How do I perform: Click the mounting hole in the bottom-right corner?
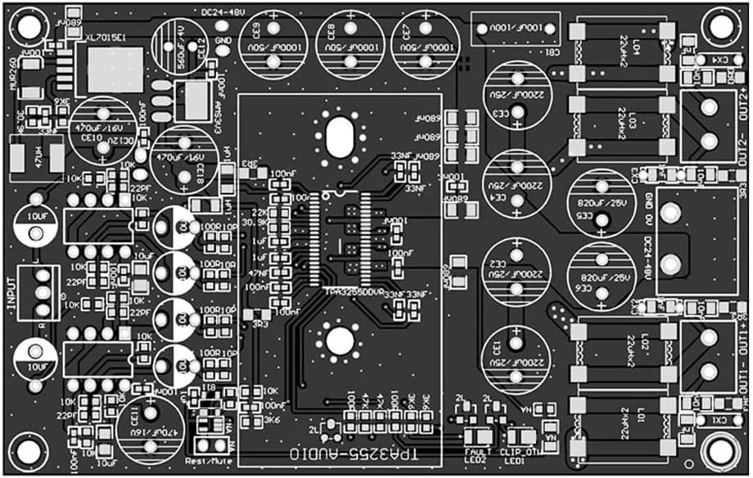coord(720,452)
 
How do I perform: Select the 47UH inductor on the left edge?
coord(35,156)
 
